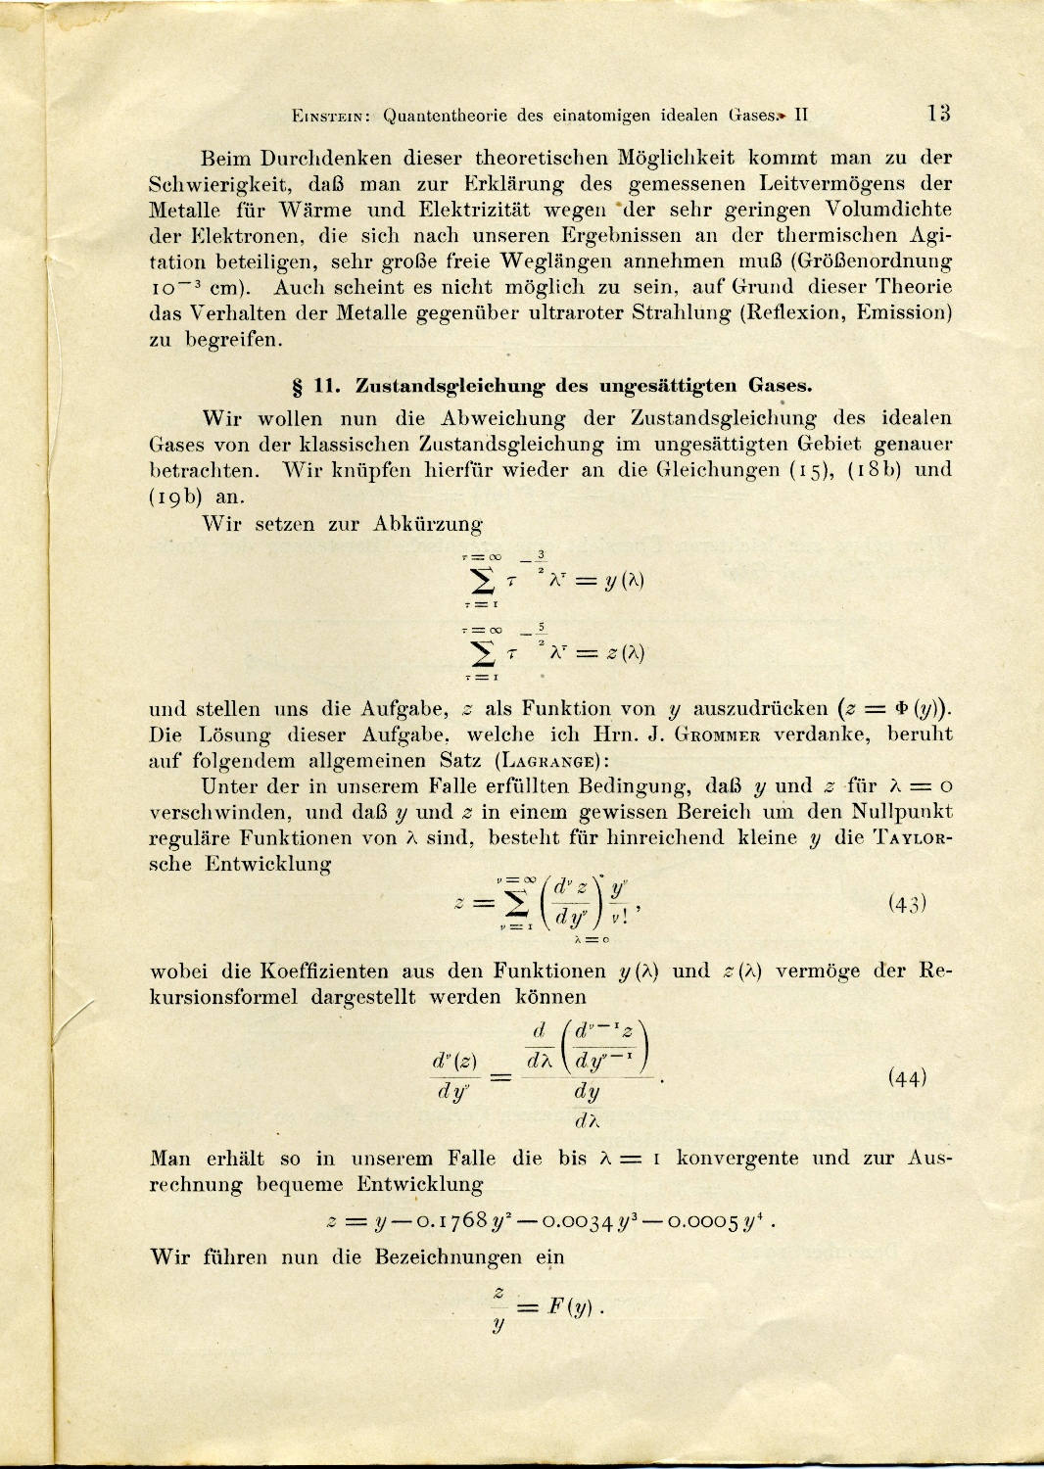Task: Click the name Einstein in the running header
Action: click(x=330, y=116)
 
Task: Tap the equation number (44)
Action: click(x=907, y=1078)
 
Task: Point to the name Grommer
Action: click(x=717, y=735)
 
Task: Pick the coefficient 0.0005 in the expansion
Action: click(x=704, y=1220)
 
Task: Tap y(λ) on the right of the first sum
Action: click(x=624, y=580)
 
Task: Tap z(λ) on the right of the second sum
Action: click(x=624, y=653)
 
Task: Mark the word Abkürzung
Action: click(x=428, y=524)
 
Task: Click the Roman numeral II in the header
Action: click(x=801, y=115)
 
